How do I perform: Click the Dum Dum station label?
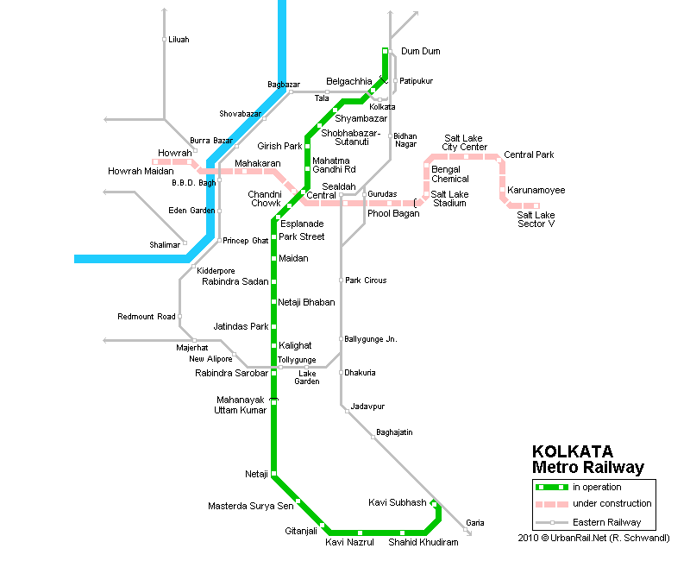pyautogui.click(x=420, y=52)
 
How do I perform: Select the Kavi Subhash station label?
pyautogui.click(x=397, y=502)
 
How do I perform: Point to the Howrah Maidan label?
pyautogui.click(x=141, y=171)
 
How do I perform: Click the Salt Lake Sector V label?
pyautogui.click(x=536, y=219)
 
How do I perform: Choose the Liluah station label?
pyautogui.click(x=179, y=40)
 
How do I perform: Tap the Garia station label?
pyautogui.click(x=474, y=523)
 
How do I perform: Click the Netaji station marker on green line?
pyautogui.click(x=273, y=474)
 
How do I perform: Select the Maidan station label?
pyautogui.click(x=293, y=258)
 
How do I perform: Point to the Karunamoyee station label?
pyautogui.click(x=536, y=189)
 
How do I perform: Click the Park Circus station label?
pyautogui.click(x=366, y=280)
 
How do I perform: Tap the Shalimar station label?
pyautogui.click(x=166, y=245)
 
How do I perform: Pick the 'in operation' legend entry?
pyautogui.click(x=597, y=488)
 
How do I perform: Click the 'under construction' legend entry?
pyautogui.click(x=612, y=504)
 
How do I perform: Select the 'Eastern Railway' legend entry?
pyautogui.click(x=606, y=522)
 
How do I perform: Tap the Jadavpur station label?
pyautogui.click(x=367, y=406)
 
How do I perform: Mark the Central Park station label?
pyautogui.click(x=529, y=155)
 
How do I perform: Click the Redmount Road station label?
pyautogui.click(x=147, y=317)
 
